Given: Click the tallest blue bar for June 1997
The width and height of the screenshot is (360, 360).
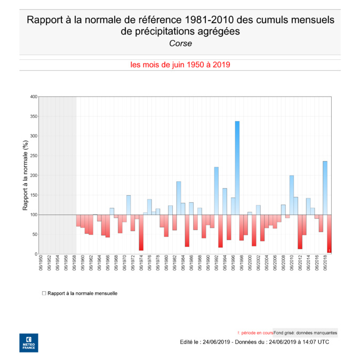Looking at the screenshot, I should coord(237,168).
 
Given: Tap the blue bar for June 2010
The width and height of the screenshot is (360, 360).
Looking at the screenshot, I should coord(292,195).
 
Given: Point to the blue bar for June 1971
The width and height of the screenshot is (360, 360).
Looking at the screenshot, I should coord(129,205).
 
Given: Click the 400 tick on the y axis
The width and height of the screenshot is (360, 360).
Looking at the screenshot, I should coord(34,97).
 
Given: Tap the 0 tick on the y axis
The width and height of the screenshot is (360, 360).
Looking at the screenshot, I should coord(35,254).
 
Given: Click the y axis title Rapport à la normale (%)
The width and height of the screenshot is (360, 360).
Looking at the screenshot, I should coord(25,175).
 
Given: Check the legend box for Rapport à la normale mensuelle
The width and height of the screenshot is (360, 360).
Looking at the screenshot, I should coord(44,293).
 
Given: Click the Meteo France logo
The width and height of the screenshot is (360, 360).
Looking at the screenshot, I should coord(28,343).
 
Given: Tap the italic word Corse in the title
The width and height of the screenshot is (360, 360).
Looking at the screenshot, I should coord(180,43).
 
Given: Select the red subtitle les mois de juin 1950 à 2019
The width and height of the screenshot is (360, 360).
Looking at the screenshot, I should coord(180,64).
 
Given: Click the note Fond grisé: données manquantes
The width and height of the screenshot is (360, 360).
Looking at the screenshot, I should coord(305,332).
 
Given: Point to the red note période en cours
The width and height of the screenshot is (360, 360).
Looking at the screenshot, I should coord(255,332).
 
